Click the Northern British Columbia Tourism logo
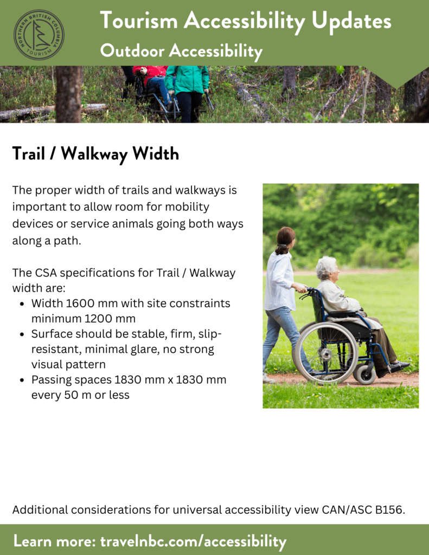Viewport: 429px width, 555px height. [39, 35]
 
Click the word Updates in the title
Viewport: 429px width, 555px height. [351, 21]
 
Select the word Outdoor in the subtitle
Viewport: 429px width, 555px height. [132, 50]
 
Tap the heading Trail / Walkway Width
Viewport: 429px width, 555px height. [95, 154]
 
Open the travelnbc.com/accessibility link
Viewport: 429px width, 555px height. [193, 541]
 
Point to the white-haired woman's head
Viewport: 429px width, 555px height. [328, 268]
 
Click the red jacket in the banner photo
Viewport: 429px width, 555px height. [151, 74]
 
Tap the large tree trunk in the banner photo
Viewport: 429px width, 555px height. [68, 94]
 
